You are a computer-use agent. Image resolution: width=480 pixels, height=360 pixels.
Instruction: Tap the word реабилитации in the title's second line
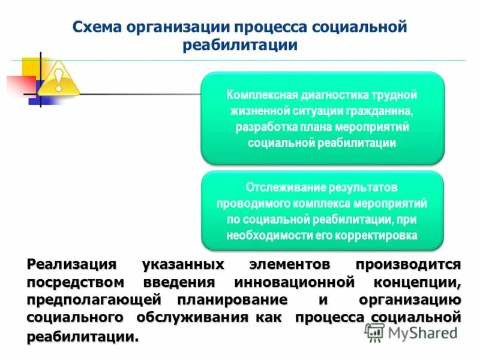[241, 45]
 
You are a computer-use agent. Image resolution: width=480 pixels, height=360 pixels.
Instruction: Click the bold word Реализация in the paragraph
[66, 265]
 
